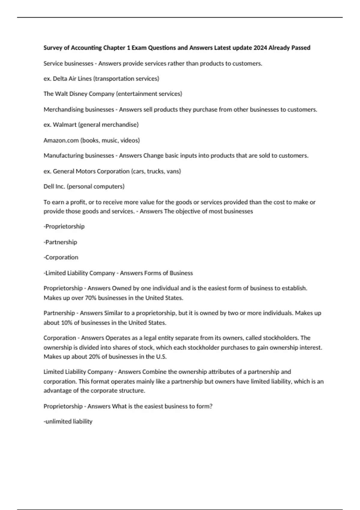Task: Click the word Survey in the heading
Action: point(53,48)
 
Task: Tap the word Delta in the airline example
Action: point(60,79)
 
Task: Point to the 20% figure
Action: point(94,357)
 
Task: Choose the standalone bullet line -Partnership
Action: point(60,242)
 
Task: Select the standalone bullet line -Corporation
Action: point(61,257)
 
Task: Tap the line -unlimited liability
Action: point(68,421)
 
